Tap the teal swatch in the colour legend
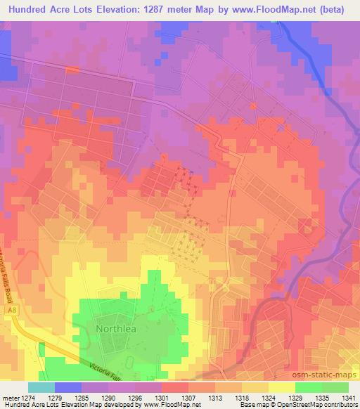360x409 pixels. point(41,387)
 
